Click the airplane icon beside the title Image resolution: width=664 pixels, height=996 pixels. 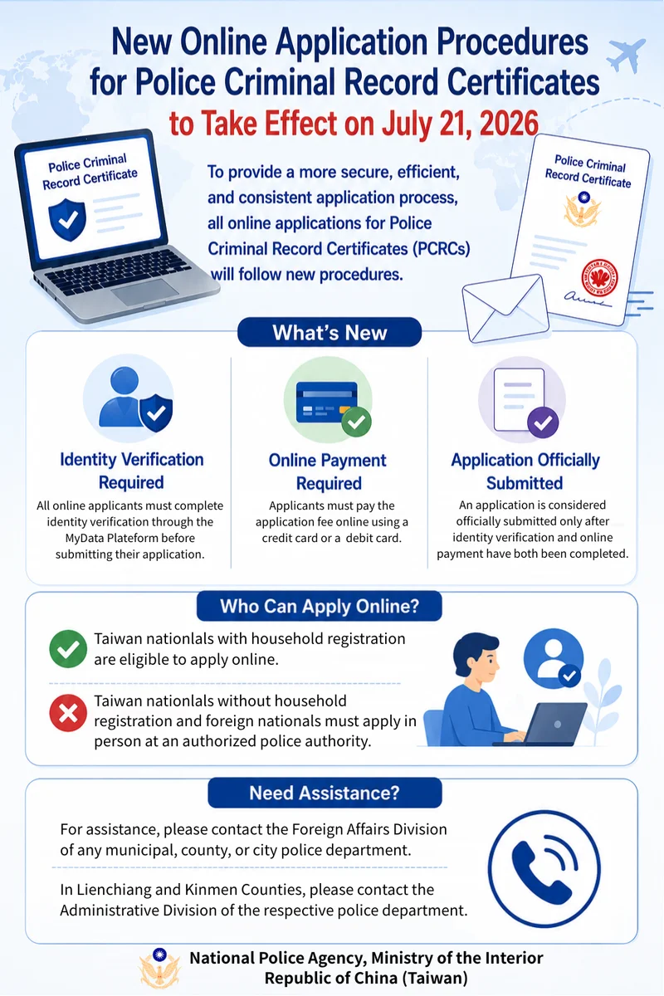coord(627,55)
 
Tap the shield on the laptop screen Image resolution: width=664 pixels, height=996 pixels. coord(67,219)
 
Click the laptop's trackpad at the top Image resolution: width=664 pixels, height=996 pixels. coord(145,291)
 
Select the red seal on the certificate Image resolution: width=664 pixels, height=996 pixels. coord(599,277)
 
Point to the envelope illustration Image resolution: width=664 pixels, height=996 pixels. coord(505,308)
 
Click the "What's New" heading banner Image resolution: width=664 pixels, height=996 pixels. coord(330,332)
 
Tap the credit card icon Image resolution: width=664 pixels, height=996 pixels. coord(327,402)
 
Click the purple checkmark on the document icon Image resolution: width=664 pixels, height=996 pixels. coord(543,422)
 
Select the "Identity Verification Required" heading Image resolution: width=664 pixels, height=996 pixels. coord(132,471)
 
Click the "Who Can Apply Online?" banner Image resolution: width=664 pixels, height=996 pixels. coord(320,606)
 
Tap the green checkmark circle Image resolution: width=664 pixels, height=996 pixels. coord(68,649)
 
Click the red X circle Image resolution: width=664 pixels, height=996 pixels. coord(68,713)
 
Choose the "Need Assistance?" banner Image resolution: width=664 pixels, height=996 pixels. coord(325,793)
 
